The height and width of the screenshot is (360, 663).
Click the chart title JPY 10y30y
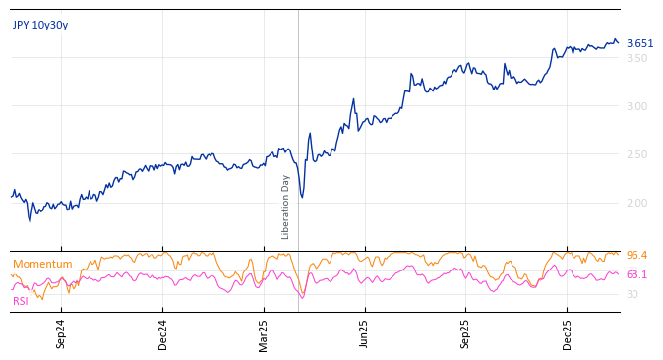(x=40, y=26)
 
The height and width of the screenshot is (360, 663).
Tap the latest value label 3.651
(x=639, y=44)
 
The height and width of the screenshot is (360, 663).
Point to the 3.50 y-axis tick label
(x=636, y=58)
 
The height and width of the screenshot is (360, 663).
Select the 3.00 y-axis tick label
(x=636, y=106)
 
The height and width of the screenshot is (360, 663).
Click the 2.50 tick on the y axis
(x=636, y=154)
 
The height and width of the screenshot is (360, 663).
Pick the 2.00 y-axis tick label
(x=636, y=203)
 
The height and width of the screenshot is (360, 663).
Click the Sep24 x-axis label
(x=61, y=333)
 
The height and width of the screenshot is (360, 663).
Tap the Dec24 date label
(x=163, y=333)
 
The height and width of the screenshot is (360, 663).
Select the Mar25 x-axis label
(x=264, y=333)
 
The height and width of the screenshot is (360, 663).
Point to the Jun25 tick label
(x=364, y=333)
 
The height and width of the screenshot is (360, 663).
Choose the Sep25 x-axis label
(x=466, y=333)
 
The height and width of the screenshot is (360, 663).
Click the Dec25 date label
(x=568, y=333)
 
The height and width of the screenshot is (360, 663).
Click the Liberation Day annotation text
(x=286, y=207)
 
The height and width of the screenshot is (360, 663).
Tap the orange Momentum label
(x=42, y=265)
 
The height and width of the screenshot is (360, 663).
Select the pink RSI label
(x=21, y=301)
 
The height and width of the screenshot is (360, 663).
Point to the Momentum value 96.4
(x=636, y=256)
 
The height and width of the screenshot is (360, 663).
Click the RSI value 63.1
(x=636, y=275)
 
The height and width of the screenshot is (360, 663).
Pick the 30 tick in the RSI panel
(x=633, y=294)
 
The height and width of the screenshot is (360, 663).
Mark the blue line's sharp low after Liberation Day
(x=302, y=198)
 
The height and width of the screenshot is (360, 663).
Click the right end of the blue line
(x=619, y=42)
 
